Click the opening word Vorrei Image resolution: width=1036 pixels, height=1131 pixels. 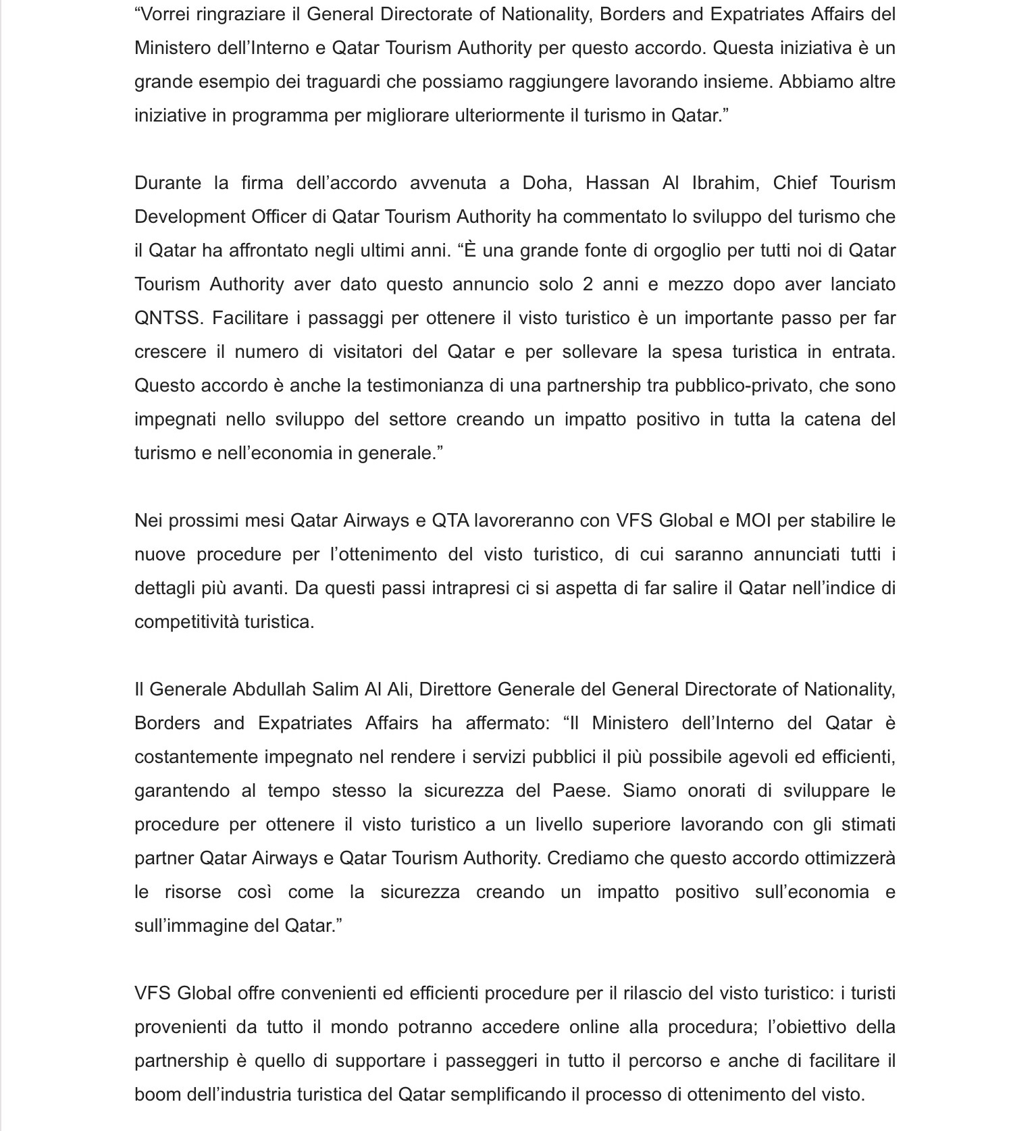(165, 14)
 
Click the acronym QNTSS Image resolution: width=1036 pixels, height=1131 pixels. (168, 318)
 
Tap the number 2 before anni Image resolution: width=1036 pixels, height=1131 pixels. (588, 284)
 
